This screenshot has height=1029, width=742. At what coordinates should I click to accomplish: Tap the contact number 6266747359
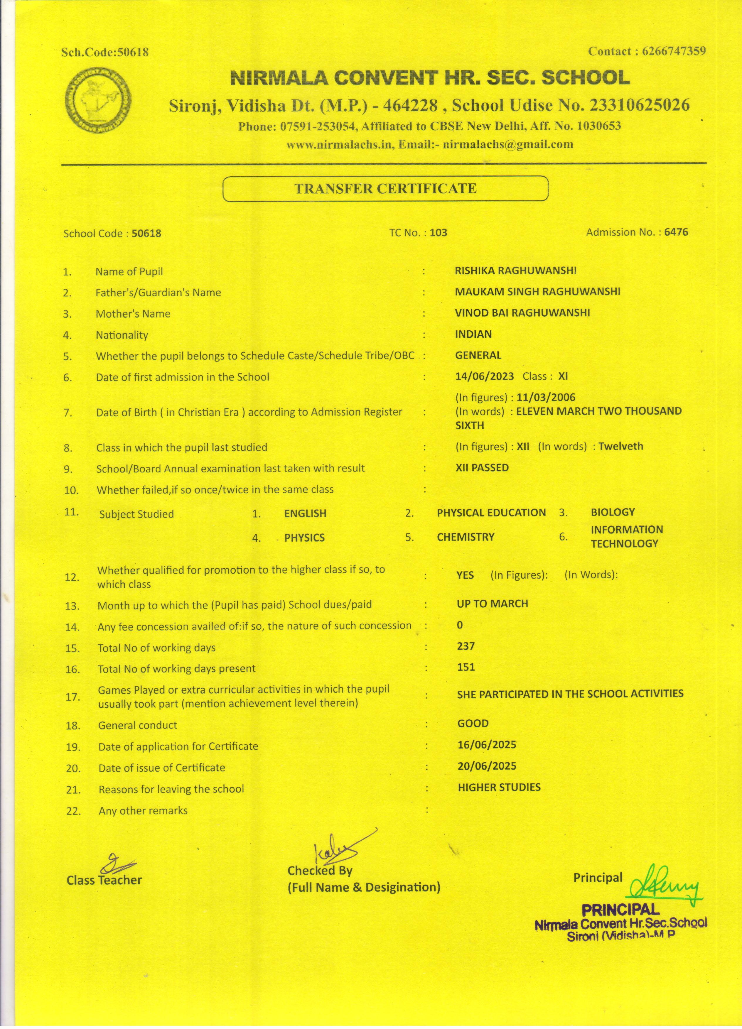point(674,51)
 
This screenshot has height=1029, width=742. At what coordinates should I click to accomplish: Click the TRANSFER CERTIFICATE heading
point(385,188)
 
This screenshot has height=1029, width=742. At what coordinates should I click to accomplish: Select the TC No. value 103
point(439,233)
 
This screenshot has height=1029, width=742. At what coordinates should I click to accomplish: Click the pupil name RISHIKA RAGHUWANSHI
point(515,271)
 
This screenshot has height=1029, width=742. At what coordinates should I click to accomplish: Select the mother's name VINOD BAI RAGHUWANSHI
point(522,312)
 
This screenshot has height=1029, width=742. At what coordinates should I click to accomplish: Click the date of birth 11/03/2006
point(546,398)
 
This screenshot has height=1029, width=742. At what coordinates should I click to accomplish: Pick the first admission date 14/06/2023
point(484,376)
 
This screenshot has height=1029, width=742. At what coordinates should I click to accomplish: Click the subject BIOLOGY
point(613,512)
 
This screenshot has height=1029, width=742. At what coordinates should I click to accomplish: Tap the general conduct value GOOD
point(473,723)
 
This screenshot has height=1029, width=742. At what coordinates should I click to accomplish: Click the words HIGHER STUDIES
point(499,787)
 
